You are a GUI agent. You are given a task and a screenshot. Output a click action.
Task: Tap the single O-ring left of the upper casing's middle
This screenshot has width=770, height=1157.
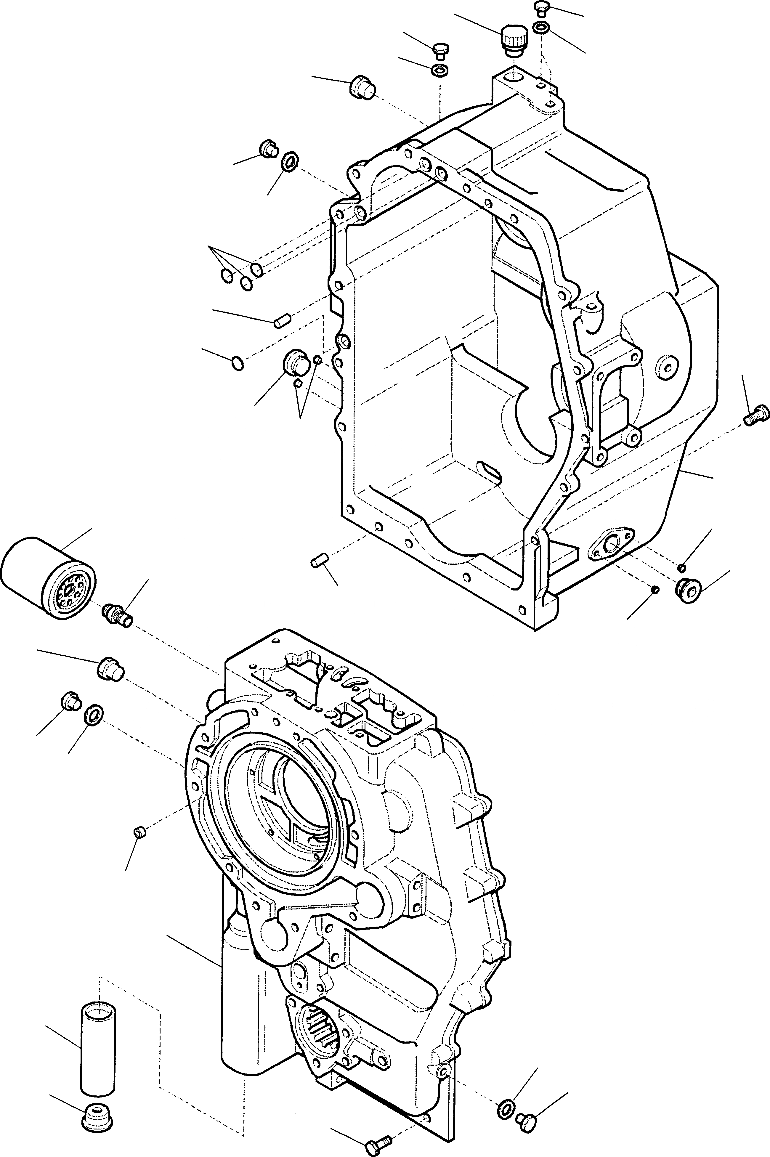(238, 363)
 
